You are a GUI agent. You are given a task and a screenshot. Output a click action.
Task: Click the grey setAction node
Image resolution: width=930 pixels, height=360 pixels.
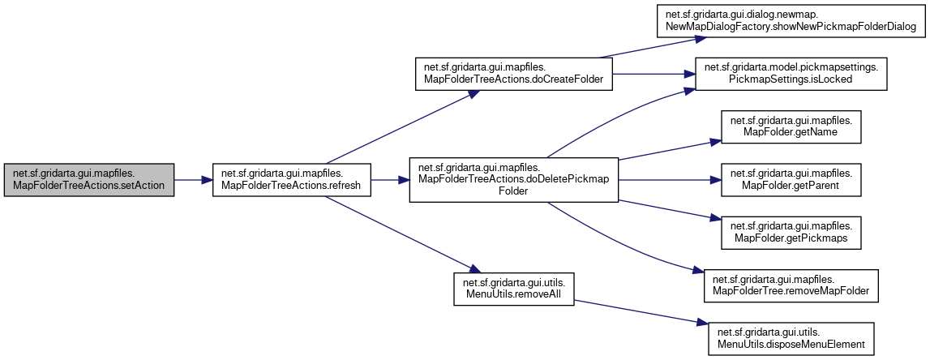(89, 180)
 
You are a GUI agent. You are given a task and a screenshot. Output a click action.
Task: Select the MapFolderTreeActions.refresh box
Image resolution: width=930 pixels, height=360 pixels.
(291, 180)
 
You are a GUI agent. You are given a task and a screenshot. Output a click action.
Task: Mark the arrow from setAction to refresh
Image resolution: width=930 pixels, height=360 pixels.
(193, 180)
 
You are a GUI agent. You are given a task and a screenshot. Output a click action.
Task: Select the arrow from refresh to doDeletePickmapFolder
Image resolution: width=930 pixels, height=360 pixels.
(390, 180)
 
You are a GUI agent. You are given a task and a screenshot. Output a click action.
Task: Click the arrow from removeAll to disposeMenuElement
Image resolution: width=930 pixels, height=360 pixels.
(641, 314)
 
